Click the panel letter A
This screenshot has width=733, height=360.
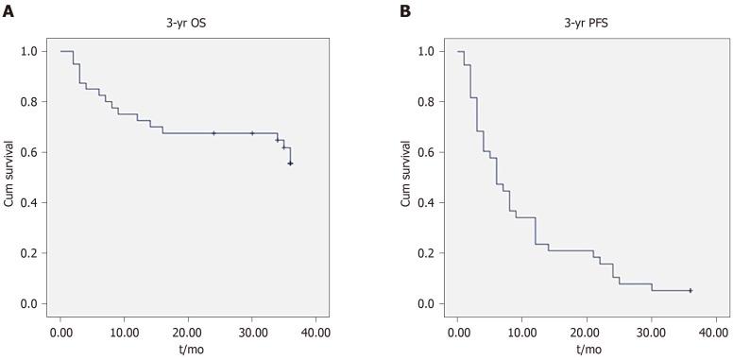tap(8, 11)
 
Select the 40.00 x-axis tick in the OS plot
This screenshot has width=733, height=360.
tap(315, 333)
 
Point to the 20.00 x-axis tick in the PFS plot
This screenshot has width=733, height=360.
tap(586, 333)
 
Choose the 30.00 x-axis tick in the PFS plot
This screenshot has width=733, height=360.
tap(650, 333)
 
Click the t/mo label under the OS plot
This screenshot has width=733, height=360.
tap(188, 348)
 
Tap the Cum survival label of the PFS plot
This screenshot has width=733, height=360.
tap(406, 178)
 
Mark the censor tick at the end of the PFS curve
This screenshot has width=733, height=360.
tap(690, 291)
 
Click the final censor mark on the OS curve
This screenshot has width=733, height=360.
tap(291, 163)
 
